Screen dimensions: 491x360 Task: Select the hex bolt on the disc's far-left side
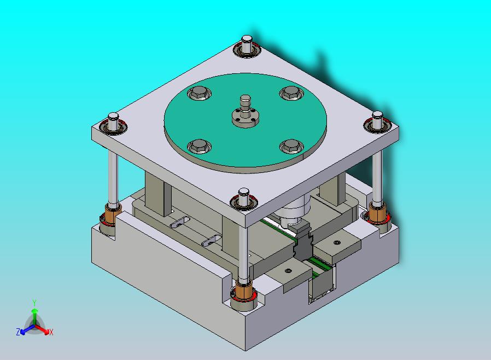click(199, 93)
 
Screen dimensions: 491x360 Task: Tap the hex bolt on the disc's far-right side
click(291, 93)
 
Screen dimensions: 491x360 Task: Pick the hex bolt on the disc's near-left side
click(199, 146)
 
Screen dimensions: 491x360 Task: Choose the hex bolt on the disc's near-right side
click(291, 146)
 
